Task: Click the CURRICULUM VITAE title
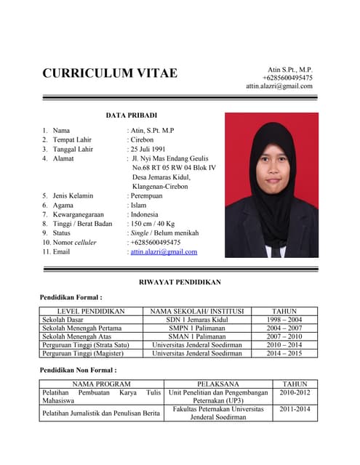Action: click(110, 73)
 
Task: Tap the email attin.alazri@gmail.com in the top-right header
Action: click(279, 86)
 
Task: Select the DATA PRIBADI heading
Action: click(132, 116)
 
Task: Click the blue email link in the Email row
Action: click(164, 252)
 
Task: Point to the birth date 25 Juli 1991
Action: click(150, 150)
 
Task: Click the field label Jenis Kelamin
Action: click(73, 195)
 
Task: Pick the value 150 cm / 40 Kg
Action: click(153, 224)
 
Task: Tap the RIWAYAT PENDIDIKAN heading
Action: click(180, 282)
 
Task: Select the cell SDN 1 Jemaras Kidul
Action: click(196, 320)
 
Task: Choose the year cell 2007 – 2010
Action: click(284, 336)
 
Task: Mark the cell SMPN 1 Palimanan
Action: click(196, 328)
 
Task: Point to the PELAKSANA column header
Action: click(217, 384)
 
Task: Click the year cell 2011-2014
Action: click(295, 410)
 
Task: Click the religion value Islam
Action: click(139, 205)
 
